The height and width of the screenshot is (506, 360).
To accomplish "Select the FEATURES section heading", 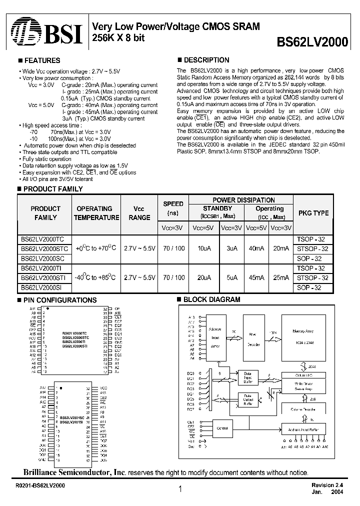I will click(x=41, y=60).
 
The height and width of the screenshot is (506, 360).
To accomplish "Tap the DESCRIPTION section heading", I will click(x=206, y=60).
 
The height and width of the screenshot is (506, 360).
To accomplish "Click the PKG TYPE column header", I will click(x=313, y=213).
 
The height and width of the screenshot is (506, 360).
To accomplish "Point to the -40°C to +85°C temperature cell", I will click(x=95, y=277).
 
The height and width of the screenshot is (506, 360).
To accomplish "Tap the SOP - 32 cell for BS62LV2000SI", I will click(x=313, y=287).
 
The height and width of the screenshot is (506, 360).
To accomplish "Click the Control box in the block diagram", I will click(x=222, y=428).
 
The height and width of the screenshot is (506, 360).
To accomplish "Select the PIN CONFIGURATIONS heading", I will click(x=59, y=300).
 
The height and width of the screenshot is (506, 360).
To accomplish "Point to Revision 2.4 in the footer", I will click(x=328, y=485).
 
